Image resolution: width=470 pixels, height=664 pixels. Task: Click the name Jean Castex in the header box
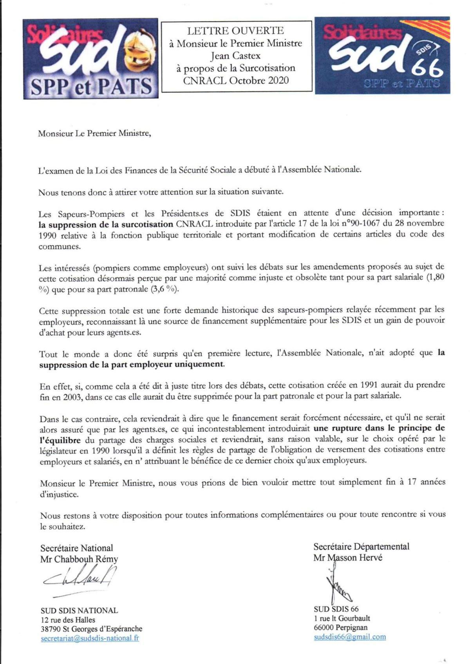tap(235, 56)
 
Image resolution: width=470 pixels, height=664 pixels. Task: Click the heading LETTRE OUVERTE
tap(235, 31)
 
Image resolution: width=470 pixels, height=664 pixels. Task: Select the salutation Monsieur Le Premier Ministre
tap(94, 134)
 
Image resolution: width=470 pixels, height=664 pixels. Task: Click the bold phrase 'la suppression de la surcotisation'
tap(106, 224)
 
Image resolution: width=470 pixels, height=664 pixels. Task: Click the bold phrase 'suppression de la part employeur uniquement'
tap(132, 364)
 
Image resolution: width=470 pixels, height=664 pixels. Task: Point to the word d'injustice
tap(59, 494)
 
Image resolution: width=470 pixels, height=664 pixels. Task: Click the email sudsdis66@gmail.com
tap(350, 637)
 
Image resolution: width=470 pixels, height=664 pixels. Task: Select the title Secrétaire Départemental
tap(361, 546)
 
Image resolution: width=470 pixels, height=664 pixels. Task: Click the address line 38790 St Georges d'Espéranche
tap(91, 629)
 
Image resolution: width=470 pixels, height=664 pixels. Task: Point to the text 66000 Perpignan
tap(340, 628)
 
